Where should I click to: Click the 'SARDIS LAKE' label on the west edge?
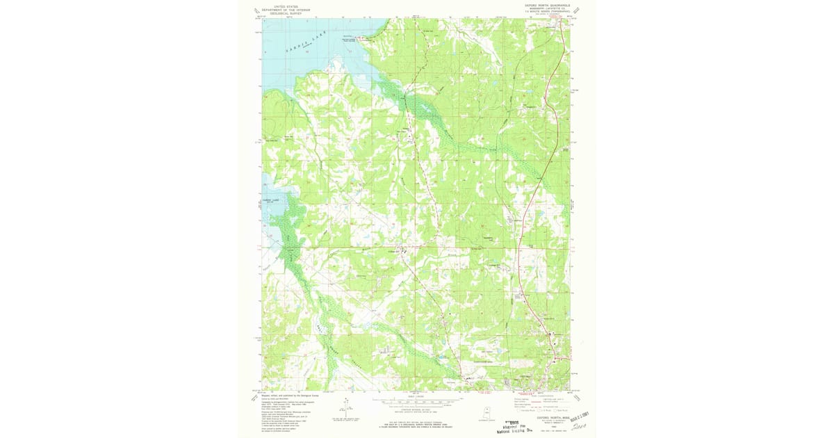(x=270, y=200)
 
